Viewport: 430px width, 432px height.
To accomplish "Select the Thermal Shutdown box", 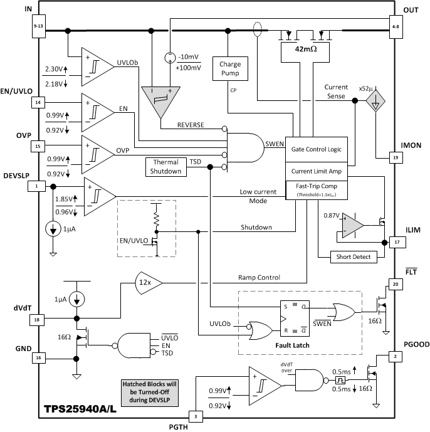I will (165, 167).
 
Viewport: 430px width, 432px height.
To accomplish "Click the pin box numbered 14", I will (38, 102).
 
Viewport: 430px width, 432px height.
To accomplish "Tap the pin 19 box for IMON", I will (396, 159).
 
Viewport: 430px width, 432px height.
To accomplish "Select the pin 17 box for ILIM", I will (396, 241).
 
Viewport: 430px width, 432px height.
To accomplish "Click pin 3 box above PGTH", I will (196, 415).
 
